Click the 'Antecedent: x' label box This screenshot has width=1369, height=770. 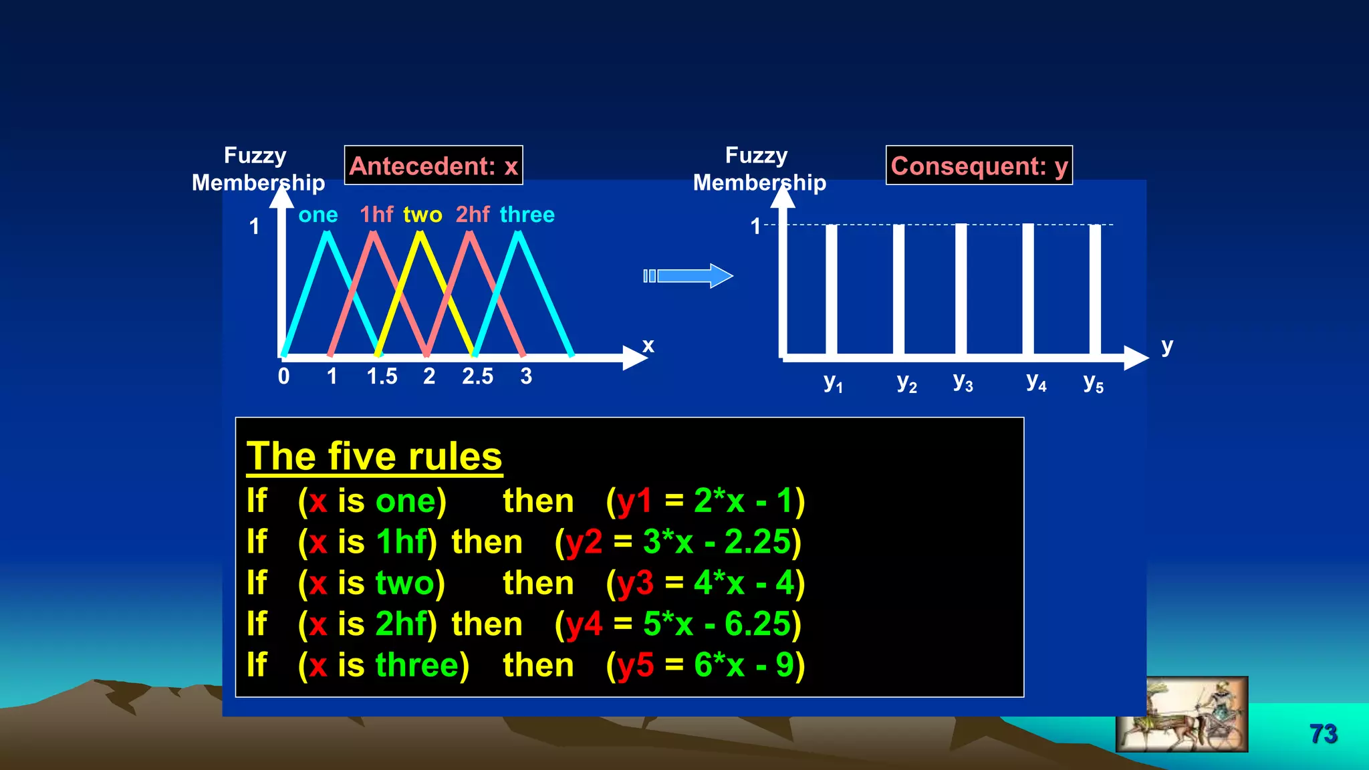click(433, 165)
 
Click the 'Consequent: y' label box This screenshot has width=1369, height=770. click(979, 165)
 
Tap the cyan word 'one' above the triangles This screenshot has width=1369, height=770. click(318, 215)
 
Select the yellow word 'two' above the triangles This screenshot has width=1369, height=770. click(422, 215)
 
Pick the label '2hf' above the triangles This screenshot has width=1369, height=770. click(473, 215)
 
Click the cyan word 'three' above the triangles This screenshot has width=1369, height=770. click(527, 215)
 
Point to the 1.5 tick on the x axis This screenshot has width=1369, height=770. click(382, 376)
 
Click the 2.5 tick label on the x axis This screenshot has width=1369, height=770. click(477, 376)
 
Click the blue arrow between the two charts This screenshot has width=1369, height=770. click(689, 275)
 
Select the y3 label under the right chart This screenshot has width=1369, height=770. click(963, 382)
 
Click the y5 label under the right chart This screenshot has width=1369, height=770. click(1093, 383)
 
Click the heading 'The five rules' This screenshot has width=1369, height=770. click(374, 457)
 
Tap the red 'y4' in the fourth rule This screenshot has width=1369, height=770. click(584, 624)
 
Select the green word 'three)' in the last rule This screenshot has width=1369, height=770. click(422, 665)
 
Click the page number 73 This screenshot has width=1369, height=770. click(1323, 734)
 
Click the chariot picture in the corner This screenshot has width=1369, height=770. click(1181, 715)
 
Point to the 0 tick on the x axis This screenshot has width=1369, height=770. click(284, 376)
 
